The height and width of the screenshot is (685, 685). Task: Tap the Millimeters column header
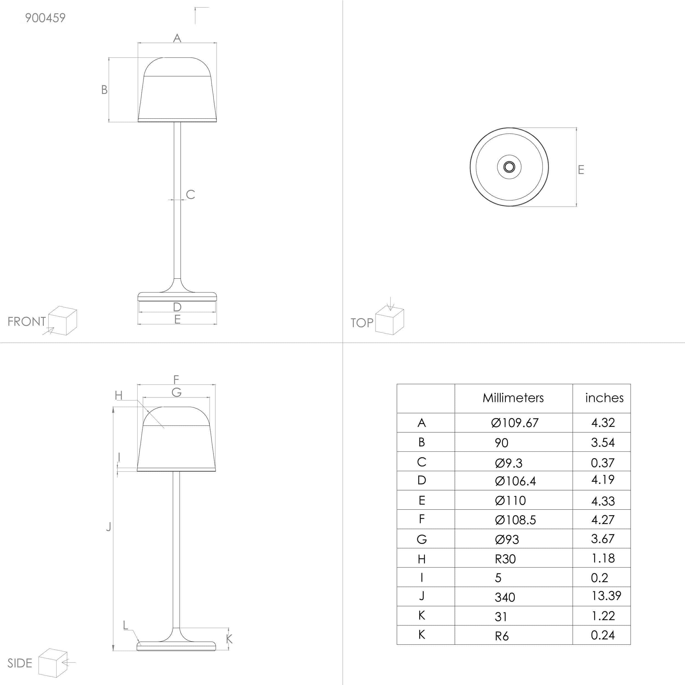[513, 398]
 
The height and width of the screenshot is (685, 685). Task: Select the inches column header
[604, 398]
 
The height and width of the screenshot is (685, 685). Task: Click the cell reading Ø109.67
[515, 423]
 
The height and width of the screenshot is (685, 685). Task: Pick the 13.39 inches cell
[606, 596]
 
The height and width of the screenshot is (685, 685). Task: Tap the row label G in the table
[422, 539]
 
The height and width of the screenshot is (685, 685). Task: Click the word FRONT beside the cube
[27, 322]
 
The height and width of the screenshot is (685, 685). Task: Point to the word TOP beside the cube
[362, 323]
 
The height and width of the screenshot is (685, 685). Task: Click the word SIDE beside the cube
[20, 663]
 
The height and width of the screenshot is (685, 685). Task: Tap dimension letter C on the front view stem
[190, 194]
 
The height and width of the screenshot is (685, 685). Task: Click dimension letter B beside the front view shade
[104, 90]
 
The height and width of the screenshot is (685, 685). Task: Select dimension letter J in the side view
[109, 527]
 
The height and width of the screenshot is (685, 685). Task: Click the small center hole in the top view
[509, 167]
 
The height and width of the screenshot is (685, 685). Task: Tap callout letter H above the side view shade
[119, 395]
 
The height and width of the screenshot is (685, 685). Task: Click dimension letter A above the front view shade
[177, 38]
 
